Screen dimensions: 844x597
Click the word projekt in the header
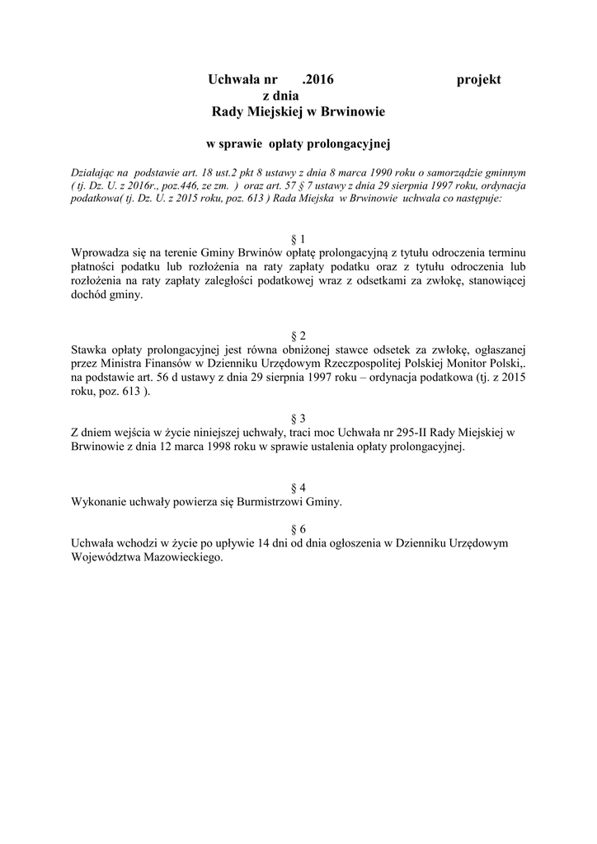click(x=478, y=79)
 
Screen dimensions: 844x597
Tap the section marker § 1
click(x=298, y=238)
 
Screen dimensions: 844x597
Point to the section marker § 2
click(x=298, y=335)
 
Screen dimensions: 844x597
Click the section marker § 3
click(x=298, y=419)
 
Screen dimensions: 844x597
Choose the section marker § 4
click(x=298, y=487)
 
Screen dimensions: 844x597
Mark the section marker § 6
click(x=298, y=528)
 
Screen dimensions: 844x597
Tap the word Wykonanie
click(x=101, y=501)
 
